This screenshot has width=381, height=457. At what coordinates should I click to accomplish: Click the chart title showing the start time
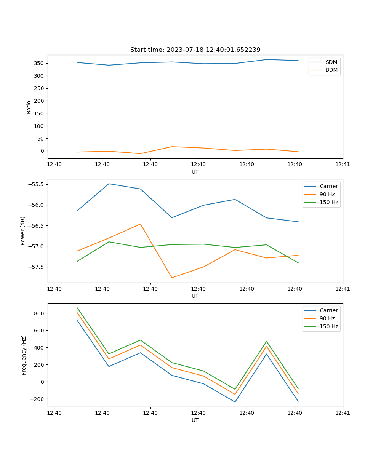point(195,50)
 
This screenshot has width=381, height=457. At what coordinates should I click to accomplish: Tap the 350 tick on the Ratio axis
point(39,63)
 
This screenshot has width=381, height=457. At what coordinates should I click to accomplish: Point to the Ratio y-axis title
point(29,107)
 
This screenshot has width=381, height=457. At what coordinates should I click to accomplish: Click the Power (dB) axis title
point(23,231)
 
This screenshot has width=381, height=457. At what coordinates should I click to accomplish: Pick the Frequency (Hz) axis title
point(24,355)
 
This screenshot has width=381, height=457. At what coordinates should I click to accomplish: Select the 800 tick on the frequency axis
point(39,313)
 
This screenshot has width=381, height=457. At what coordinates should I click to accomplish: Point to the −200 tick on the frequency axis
point(38,399)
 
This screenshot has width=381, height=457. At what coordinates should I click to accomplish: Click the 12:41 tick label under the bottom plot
point(343,412)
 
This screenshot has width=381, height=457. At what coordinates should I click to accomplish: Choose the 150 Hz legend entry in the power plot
point(329,202)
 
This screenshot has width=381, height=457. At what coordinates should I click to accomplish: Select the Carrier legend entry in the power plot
point(328,186)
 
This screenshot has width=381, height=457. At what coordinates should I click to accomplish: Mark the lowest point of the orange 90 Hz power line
point(172,278)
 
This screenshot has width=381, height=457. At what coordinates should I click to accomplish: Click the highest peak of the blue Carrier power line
point(109,184)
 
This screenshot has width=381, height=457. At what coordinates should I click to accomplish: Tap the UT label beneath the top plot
point(195,172)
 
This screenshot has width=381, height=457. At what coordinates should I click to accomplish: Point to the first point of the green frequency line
point(77,308)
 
